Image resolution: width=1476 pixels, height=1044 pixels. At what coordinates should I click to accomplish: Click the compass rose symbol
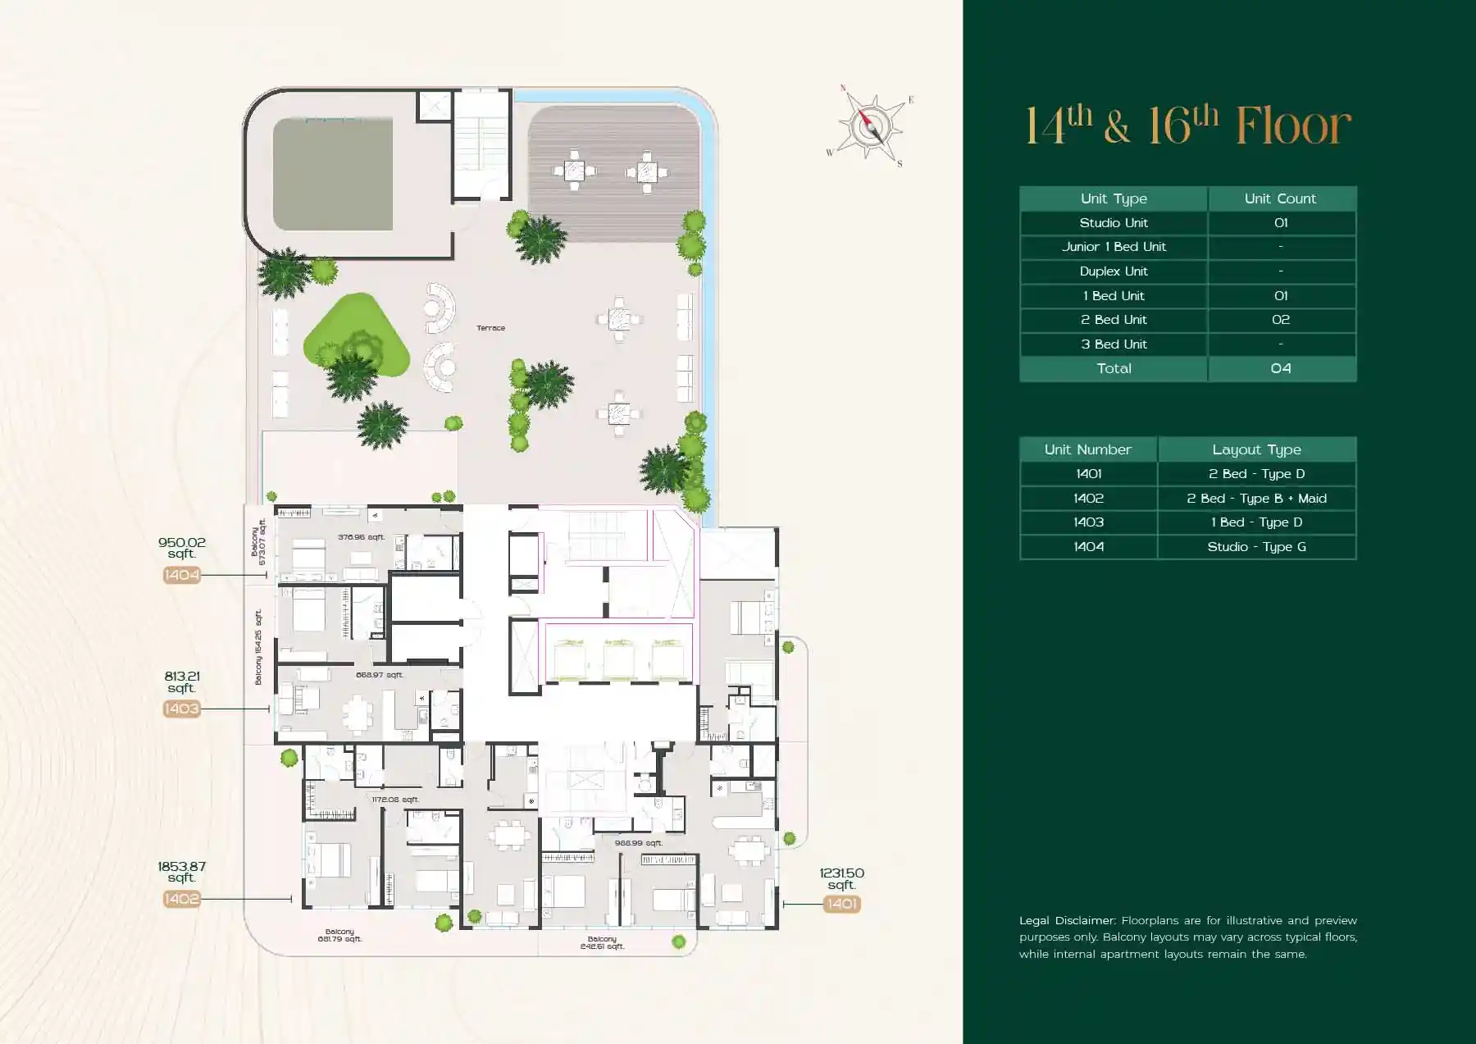click(870, 127)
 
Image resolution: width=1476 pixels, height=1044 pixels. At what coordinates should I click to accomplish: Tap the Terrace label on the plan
click(490, 328)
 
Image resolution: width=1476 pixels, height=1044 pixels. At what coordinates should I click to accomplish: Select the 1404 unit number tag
click(181, 575)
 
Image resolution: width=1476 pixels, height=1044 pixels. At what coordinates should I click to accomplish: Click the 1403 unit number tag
click(181, 709)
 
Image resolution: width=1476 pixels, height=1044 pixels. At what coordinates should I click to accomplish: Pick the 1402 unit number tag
click(181, 899)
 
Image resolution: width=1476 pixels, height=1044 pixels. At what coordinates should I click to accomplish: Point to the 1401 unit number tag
click(842, 904)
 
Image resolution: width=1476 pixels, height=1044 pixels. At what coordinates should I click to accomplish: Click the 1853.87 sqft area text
click(181, 872)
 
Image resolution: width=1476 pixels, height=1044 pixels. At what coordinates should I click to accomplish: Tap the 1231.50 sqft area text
click(841, 878)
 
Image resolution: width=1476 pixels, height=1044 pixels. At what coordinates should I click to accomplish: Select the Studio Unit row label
click(1113, 223)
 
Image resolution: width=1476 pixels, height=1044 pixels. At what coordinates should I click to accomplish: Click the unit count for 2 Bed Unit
click(1280, 320)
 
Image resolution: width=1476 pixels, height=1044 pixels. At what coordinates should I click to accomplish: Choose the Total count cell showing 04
click(1280, 368)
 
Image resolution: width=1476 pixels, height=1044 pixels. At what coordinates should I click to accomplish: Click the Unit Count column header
click(1279, 198)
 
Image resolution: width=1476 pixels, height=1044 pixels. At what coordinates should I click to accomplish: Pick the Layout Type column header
click(1256, 449)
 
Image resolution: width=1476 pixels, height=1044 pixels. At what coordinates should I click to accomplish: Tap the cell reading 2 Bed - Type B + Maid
click(1256, 499)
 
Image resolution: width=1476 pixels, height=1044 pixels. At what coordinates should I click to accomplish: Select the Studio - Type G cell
click(1256, 547)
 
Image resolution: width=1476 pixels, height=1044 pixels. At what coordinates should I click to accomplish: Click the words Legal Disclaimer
click(1067, 920)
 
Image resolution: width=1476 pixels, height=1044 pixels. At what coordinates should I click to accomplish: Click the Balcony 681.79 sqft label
click(339, 935)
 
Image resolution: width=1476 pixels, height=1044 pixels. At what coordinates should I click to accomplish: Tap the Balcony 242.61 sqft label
click(602, 942)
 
